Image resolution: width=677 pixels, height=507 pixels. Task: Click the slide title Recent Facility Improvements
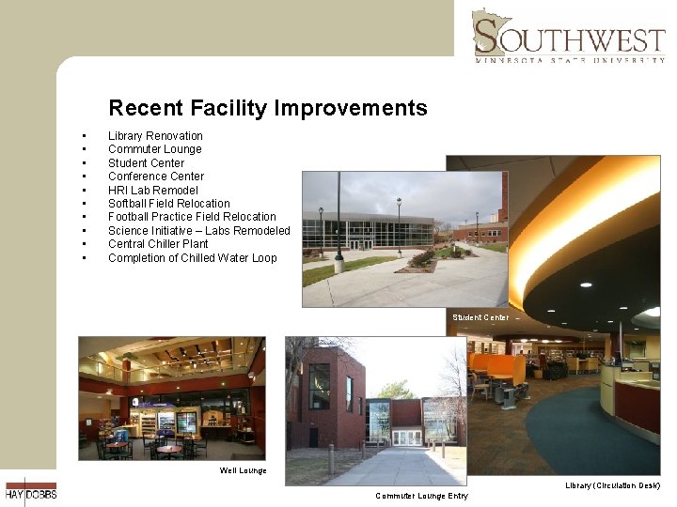tap(267, 108)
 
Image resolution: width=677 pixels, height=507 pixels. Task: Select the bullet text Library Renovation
tap(155, 136)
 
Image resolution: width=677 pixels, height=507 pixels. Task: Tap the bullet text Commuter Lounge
tap(154, 149)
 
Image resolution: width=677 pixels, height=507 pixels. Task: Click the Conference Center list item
tap(155, 177)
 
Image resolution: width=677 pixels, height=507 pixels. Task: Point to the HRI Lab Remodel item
tap(152, 190)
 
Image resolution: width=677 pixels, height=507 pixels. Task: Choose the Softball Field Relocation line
tap(168, 204)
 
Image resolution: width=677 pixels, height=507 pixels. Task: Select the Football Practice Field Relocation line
tap(192, 217)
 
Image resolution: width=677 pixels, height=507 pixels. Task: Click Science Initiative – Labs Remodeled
tap(198, 231)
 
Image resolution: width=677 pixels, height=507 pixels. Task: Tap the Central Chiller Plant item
tap(158, 244)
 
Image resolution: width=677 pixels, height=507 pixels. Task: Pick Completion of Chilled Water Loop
tap(192, 258)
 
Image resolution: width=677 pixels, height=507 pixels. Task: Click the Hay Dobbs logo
tap(30, 489)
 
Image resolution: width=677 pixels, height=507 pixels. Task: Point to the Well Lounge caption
tap(243, 470)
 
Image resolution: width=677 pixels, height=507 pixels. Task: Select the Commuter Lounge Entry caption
tap(420, 496)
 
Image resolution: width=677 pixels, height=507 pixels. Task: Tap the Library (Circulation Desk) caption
tap(612, 485)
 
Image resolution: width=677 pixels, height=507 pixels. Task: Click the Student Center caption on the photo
tap(480, 317)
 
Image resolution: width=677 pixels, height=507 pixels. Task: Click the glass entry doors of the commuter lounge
tap(406, 438)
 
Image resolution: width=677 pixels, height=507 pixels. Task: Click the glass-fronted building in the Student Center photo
tap(367, 230)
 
